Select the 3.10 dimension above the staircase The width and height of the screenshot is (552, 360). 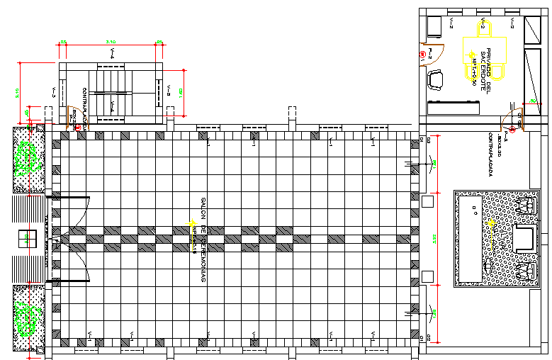[x=111, y=42]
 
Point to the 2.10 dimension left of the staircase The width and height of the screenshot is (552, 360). [x=17, y=91]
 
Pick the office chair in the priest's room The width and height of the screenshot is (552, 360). [x=435, y=79]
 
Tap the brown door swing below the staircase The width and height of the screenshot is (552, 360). [x=74, y=120]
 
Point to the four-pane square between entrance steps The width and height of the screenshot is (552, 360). [x=28, y=239]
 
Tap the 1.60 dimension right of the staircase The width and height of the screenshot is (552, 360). [x=181, y=91]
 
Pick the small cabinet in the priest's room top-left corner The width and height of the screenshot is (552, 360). [x=435, y=26]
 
